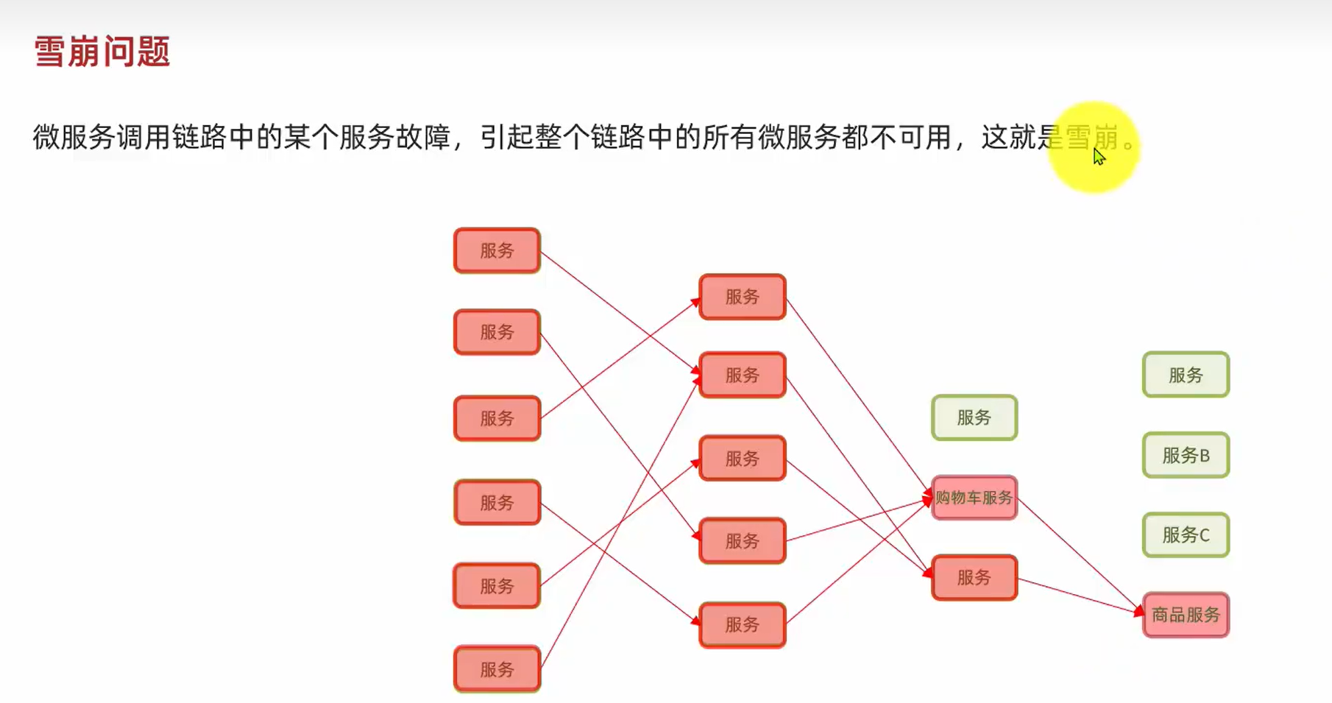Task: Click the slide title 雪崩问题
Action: coord(102,52)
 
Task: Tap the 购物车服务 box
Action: coord(974,498)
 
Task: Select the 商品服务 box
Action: coord(1186,615)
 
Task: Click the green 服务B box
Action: coord(1186,456)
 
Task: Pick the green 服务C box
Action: coord(1186,535)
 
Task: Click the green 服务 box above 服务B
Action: coord(1186,375)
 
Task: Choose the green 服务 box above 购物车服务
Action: coord(974,418)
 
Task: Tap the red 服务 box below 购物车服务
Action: coord(974,578)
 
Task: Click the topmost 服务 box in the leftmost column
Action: coord(497,251)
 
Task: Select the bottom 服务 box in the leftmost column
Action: coord(497,669)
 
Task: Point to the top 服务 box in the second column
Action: coord(742,297)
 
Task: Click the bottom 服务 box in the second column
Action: coord(742,625)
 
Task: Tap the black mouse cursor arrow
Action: coord(1098,156)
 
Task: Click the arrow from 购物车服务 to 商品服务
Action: coord(1078,555)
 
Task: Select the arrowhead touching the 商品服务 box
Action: coord(1139,611)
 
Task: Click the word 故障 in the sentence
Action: coord(423,138)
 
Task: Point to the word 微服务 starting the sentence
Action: coord(74,138)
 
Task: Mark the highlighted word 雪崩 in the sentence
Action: coord(1092,138)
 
